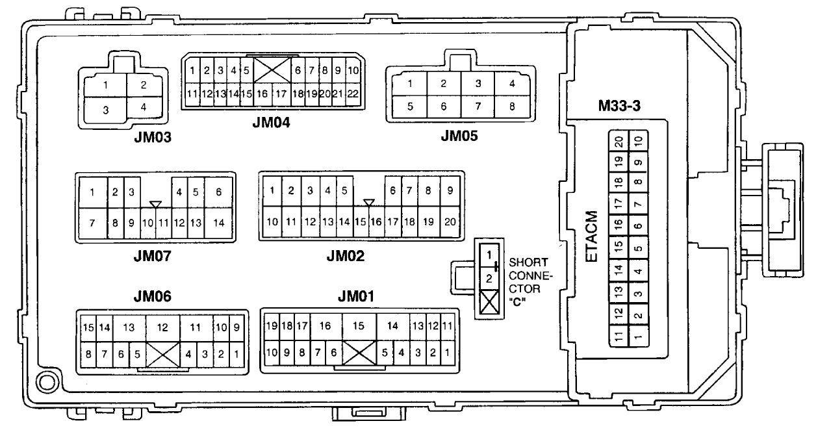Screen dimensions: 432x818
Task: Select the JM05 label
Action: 459,136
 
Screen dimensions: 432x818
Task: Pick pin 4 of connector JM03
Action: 143,107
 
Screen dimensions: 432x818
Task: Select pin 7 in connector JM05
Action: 478,107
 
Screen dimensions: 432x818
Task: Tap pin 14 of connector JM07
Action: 219,222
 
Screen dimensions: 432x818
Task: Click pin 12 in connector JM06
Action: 162,328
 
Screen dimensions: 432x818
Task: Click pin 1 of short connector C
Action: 489,255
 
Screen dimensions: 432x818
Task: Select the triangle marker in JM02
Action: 369,204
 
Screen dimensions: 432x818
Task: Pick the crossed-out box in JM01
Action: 359,353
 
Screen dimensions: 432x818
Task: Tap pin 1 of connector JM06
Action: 237,354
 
